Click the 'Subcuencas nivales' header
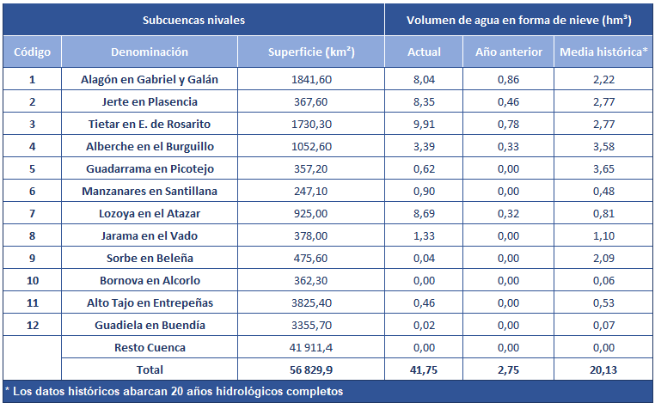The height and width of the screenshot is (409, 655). tap(193, 19)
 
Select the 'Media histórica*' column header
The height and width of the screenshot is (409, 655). tap(603, 52)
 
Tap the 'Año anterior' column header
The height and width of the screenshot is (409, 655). tap(509, 52)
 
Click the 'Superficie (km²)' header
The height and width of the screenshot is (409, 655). tap(311, 52)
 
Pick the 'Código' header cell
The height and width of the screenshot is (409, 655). tap(33, 52)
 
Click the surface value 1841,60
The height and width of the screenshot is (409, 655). tap(311, 79)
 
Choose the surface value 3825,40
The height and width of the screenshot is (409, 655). tap(311, 302)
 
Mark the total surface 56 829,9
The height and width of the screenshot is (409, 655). tap(311, 370)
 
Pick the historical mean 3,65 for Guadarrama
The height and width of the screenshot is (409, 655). tap(603, 168)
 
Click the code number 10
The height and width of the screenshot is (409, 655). tap(33, 280)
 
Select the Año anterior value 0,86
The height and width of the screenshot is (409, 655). tap(509, 79)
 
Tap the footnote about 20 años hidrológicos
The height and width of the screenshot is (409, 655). tap(173, 392)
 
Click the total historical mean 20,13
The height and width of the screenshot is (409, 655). tap(603, 370)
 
